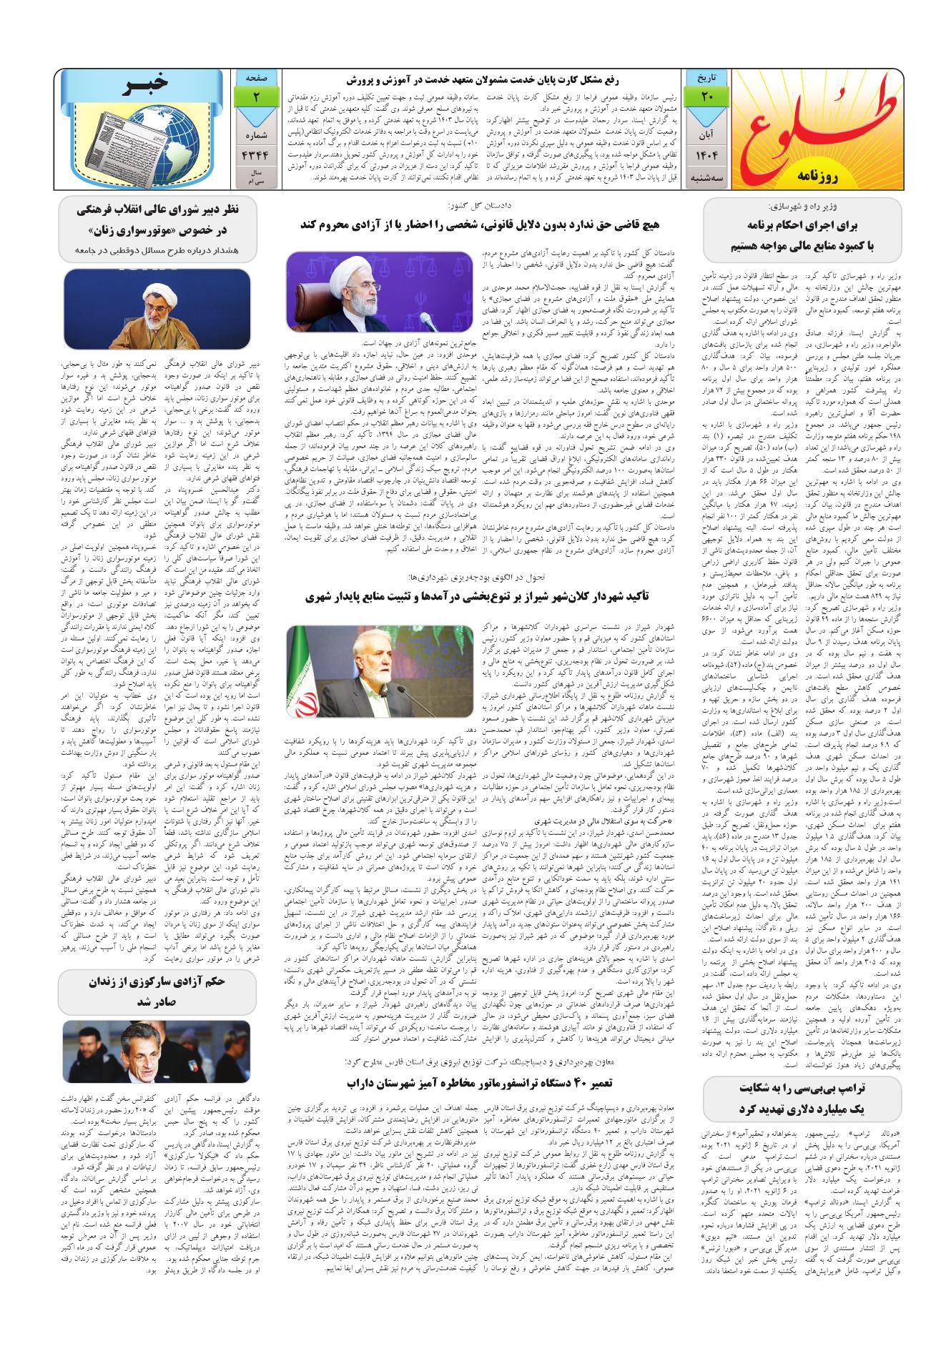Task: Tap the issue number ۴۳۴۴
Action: click(255, 156)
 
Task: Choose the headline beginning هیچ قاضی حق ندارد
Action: click(480, 224)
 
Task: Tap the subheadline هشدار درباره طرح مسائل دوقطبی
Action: click(157, 249)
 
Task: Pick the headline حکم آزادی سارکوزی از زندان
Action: click(157, 990)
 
